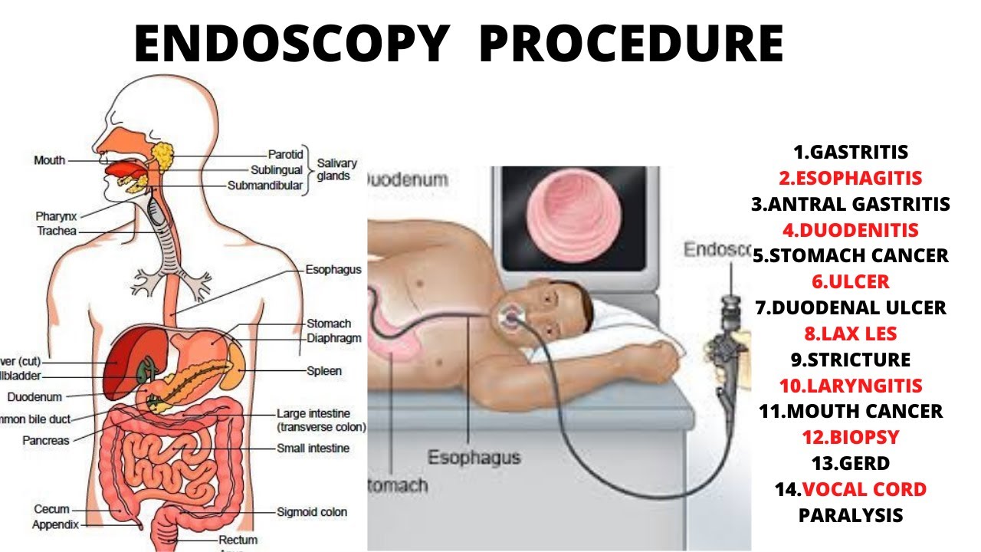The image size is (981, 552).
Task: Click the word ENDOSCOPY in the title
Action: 290,44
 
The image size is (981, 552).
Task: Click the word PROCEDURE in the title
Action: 631,44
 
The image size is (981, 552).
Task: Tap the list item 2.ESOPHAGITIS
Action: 851,179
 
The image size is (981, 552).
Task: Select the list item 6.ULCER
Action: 851,282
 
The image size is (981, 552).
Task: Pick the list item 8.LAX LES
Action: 851,334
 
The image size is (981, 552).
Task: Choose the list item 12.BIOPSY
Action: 851,438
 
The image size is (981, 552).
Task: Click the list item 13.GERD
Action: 851,464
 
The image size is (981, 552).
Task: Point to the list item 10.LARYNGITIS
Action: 851,386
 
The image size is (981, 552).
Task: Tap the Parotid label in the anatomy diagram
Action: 286,154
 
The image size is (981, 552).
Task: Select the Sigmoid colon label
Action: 312,511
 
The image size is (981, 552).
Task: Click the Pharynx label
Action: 54,217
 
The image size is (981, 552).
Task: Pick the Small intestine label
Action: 313,448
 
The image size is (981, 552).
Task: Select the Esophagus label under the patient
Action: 473,458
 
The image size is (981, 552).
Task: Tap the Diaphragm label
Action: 333,338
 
